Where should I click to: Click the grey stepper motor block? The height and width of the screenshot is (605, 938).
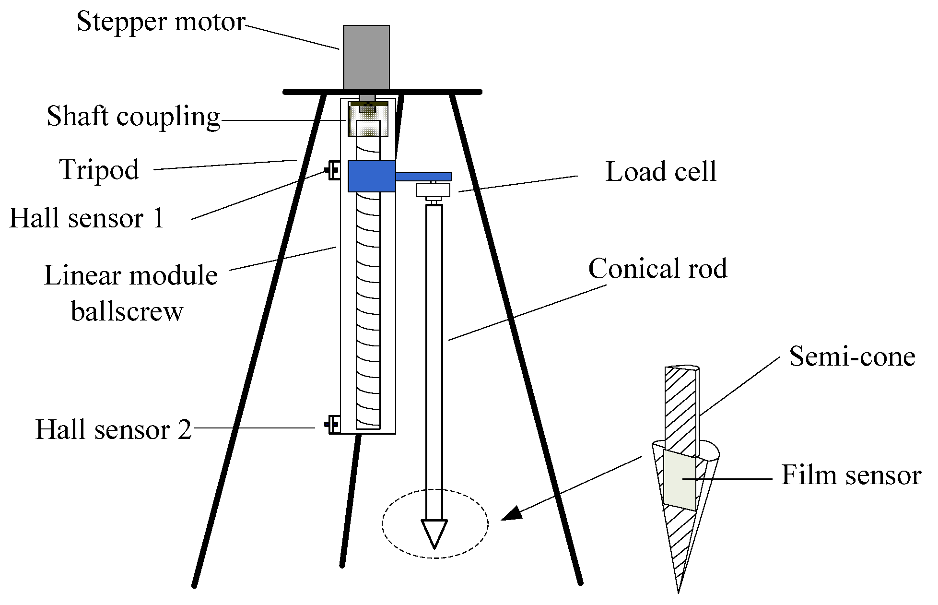[366, 57]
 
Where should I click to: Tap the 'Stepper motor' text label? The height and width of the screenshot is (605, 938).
[161, 22]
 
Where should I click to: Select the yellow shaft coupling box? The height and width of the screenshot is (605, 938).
[368, 120]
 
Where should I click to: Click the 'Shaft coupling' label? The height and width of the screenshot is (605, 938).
[133, 117]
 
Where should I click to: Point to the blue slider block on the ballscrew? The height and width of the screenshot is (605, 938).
[371, 176]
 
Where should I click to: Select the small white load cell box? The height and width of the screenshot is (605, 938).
[433, 190]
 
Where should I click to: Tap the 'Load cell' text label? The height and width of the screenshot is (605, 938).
[661, 172]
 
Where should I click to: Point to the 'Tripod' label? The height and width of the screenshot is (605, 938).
[99, 170]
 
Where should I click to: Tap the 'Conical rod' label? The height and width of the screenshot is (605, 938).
[657, 269]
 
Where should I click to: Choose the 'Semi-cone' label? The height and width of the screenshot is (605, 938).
[852, 357]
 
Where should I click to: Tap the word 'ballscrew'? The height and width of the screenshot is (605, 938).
[127, 312]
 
